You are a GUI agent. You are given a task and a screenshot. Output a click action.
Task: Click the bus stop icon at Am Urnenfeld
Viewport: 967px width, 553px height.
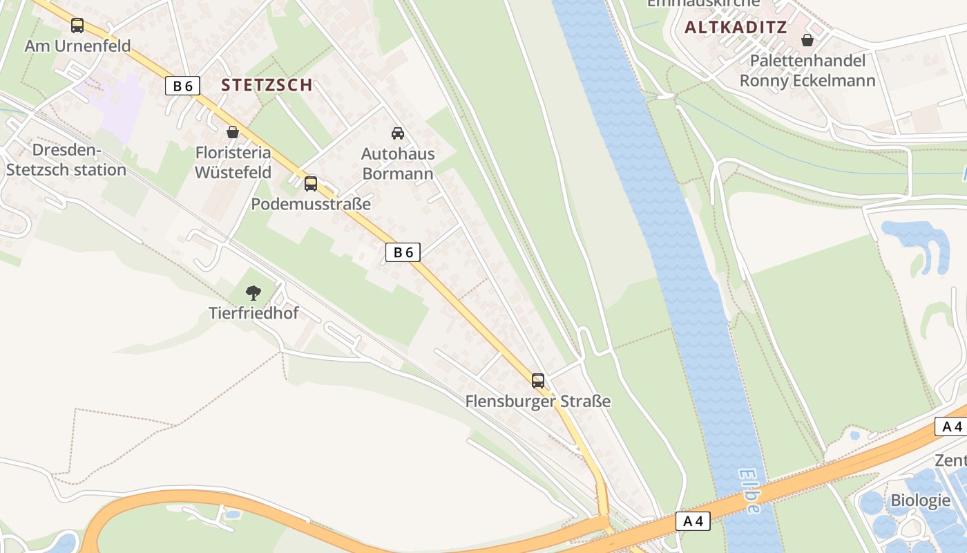point(77,26)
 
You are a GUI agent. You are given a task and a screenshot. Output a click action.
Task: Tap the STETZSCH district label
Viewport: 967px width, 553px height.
point(267,85)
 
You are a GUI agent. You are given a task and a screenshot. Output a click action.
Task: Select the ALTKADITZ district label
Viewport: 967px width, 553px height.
point(736,28)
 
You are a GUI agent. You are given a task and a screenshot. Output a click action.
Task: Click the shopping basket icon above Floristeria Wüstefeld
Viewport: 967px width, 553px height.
point(233,131)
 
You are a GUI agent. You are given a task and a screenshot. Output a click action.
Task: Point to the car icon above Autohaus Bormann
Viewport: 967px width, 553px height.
point(398,133)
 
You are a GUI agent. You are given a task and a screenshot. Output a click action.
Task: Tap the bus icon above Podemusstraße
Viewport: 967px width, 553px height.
point(311,183)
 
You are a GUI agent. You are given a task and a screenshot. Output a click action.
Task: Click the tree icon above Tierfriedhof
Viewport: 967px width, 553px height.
point(253,292)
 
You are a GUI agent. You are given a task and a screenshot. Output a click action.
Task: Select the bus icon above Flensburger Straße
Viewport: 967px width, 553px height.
point(538,380)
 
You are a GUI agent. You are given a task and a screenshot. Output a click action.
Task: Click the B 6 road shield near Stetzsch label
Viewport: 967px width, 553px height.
point(183,86)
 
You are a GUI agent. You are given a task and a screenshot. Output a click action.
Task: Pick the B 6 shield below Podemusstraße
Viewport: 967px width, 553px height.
point(403,253)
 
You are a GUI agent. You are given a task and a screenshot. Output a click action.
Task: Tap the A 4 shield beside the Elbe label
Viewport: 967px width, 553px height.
point(693,521)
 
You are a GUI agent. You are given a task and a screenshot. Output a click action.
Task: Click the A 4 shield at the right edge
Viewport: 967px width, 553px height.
point(952,427)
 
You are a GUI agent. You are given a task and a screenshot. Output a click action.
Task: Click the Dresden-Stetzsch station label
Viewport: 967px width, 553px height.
point(66,160)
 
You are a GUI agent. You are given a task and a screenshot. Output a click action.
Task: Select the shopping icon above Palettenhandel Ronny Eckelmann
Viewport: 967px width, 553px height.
point(807,40)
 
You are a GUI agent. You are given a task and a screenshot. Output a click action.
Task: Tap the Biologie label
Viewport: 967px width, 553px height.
point(920,500)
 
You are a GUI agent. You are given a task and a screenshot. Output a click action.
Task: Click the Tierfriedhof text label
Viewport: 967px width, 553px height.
point(253,313)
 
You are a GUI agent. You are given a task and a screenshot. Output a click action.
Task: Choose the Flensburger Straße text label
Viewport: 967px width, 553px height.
point(538,401)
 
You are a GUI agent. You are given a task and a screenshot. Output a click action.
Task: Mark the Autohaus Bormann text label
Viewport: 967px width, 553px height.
point(398,163)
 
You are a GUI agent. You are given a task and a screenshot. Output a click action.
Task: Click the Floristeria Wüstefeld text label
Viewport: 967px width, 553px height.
point(233,162)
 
